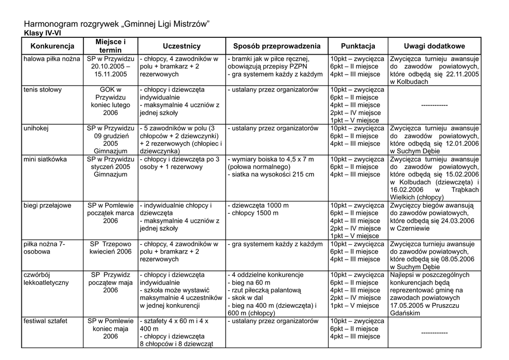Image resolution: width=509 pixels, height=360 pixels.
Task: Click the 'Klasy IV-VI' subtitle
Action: point(43,33)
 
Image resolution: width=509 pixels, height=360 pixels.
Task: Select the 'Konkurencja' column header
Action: point(52,46)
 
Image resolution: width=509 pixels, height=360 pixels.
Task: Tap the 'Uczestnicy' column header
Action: point(181,46)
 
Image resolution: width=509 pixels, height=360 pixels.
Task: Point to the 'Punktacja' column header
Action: point(358,46)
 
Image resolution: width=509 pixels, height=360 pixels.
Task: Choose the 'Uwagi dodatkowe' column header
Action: point(434,46)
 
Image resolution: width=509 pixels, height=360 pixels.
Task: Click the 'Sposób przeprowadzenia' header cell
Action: point(277,46)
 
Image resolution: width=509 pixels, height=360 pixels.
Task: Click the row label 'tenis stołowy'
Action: point(43,90)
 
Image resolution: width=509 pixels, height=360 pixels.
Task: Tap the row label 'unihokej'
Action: point(36,128)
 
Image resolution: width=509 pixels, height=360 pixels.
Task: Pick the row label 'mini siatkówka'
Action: point(45,159)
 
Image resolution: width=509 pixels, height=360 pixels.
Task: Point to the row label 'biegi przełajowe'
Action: point(48,205)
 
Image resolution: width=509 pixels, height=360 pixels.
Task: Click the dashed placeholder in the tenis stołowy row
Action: point(434,105)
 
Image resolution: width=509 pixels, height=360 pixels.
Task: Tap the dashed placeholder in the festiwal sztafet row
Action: point(434,333)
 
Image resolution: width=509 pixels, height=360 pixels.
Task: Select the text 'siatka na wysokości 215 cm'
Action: point(272,175)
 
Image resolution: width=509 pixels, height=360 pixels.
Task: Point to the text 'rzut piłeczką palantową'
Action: point(266,290)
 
